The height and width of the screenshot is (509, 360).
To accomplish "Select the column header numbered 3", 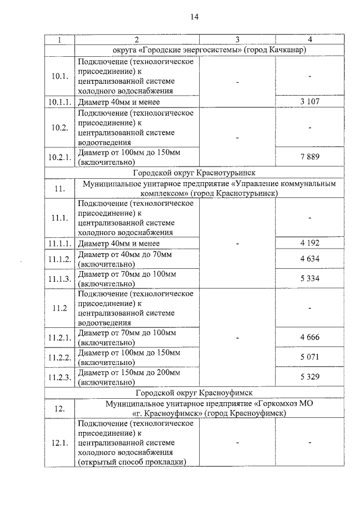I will coord(237,39).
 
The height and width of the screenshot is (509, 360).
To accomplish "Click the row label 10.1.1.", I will coord(59,102).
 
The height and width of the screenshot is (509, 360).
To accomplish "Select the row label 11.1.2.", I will coord(59,259).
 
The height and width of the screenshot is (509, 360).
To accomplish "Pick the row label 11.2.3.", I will coord(59,377).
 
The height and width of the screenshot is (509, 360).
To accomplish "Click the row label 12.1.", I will coord(59,443).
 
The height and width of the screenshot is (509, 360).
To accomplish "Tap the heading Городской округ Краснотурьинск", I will coord(193,172).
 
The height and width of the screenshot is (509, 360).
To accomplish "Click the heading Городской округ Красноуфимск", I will coord(193,392).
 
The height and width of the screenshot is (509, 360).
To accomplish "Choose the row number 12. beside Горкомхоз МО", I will coord(59,408).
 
